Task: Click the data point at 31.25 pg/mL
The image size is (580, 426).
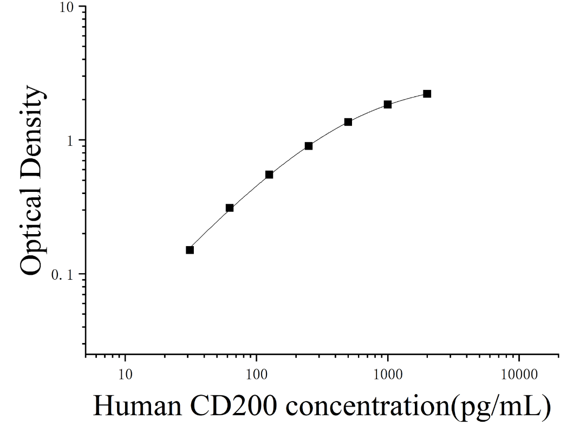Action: pyautogui.click(x=190, y=250)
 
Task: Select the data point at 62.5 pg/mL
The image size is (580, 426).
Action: pyautogui.click(x=229, y=208)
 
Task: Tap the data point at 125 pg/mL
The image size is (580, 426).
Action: pyautogui.click(x=269, y=175)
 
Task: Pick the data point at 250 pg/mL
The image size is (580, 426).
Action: pyautogui.click(x=309, y=146)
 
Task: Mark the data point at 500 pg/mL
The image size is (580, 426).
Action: pyautogui.click(x=348, y=122)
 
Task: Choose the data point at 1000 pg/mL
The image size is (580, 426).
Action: pyautogui.click(x=388, y=105)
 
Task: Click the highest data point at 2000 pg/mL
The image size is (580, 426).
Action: pyautogui.click(x=427, y=94)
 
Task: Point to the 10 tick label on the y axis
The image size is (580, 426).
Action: pyautogui.click(x=67, y=7)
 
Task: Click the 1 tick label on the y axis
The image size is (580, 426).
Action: pyautogui.click(x=70, y=140)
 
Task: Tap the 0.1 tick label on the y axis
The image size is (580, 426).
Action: pyautogui.click(x=63, y=274)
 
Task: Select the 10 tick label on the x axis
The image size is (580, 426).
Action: pyautogui.click(x=125, y=375)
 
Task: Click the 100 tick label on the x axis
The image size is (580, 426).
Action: pyautogui.click(x=256, y=375)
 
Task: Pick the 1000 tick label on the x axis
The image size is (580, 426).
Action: pyautogui.click(x=388, y=375)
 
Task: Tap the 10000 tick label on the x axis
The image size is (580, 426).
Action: pyautogui.click(x=519, y=375)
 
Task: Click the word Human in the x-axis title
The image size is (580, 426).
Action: pyautogui.click(x=138, y=406)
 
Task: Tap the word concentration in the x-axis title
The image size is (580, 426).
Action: pyautogui.click(x=367, y=406)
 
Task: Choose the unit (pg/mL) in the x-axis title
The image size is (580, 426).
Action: pyautogui.click(x=500, y=408)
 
